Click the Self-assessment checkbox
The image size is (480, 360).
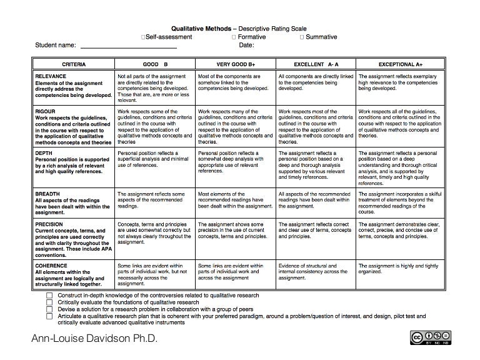145,37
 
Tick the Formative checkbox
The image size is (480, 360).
233,37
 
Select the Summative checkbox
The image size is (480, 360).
302,37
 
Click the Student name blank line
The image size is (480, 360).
129,46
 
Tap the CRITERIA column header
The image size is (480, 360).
74,64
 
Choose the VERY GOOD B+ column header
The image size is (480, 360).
236,64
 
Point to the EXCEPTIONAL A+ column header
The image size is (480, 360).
400,64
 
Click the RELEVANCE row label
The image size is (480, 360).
51,76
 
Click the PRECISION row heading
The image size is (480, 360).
49,224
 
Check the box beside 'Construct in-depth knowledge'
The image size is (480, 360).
49,294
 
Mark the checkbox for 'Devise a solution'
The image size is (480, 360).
49,309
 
